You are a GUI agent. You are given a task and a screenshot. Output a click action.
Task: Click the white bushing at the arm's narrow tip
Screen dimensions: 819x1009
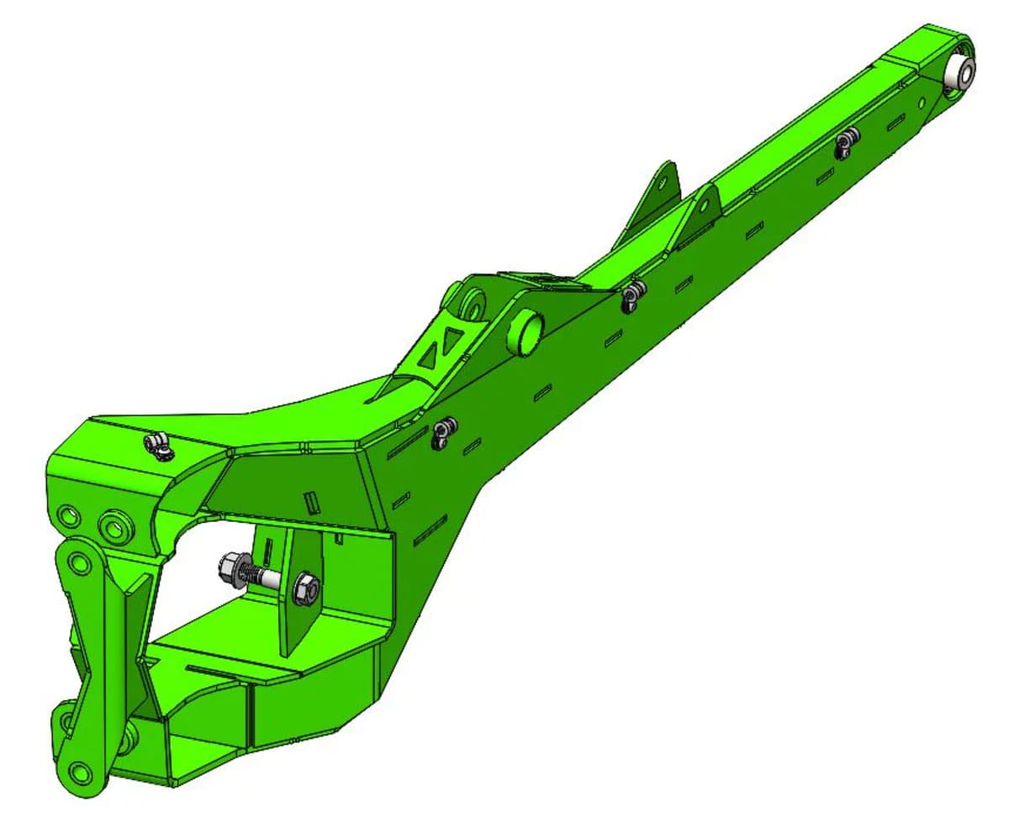pyautogui.click(x=959, y=70)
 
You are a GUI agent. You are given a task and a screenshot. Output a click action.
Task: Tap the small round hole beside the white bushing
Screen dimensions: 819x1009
pyautogui.click(x=922, y=103)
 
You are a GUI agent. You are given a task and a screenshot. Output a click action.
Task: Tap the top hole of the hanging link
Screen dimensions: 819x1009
pyautogui.click(x=81, y=562)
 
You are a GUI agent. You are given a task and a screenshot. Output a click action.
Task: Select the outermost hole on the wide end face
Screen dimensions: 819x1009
pyautogui.click(x=68, y=514)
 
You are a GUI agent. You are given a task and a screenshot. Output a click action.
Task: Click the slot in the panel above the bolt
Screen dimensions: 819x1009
pyautogui.click(x=314, y=502)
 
